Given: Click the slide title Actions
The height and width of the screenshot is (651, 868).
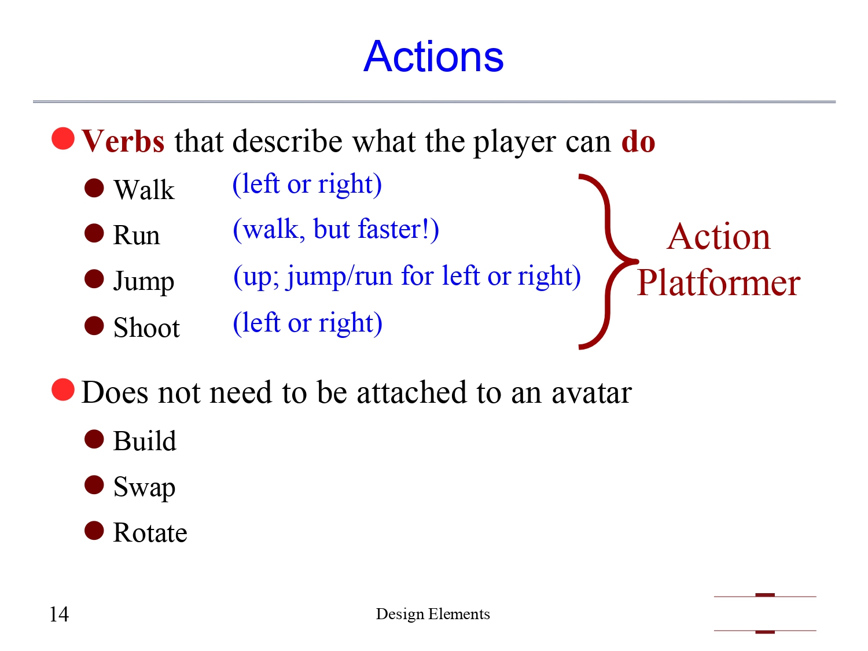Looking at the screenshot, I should tap(433, 57).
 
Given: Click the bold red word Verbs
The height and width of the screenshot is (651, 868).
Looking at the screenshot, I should tap(123, 141).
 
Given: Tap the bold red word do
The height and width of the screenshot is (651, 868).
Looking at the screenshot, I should tap(638, 141).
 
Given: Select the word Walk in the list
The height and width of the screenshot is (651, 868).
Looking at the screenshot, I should tap(144, 190).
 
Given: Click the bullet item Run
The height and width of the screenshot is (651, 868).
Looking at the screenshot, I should tap(137, 236).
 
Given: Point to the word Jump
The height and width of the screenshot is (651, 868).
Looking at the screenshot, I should tap(144, 281).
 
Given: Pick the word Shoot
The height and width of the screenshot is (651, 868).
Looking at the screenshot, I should tap(146, 328).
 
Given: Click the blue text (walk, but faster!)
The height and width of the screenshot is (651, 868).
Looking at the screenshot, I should tap(336, 229).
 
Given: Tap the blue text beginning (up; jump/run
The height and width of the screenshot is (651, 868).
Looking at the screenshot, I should tap(407, 276).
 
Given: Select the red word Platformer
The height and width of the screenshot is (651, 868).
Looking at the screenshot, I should tap(718, 283).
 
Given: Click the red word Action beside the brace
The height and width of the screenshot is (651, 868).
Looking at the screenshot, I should tap(718, 237).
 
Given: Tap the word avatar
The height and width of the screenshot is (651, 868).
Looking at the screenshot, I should tap(591, 392).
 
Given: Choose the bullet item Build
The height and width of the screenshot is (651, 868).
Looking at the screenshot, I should tap(145, 441).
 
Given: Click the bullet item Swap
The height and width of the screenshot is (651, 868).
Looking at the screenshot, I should tap(144, 487).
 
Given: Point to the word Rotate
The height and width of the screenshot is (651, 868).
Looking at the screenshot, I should tap(150, 533).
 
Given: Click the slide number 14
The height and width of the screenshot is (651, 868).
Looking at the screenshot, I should tap(59, 614).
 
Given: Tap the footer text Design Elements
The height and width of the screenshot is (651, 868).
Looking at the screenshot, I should tap(433, 614).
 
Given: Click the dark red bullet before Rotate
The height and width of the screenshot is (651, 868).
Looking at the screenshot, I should tap(94, 531).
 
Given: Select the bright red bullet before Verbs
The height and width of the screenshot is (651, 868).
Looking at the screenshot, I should tap(63, 138).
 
